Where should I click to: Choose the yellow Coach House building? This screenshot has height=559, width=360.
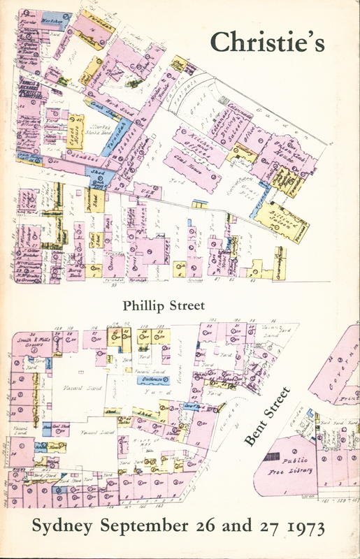point(75,130)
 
